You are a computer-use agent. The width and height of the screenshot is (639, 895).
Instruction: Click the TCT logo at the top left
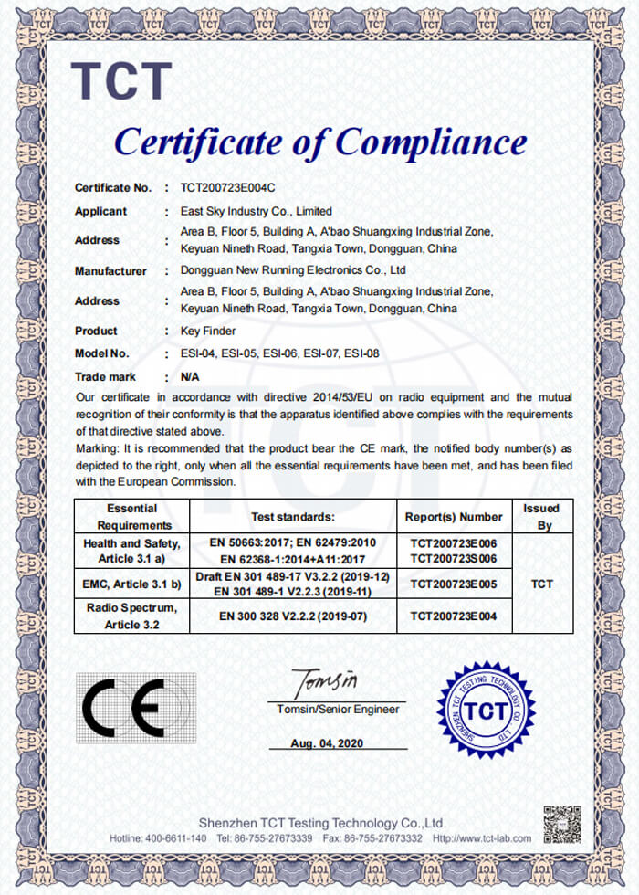tap(121, 81)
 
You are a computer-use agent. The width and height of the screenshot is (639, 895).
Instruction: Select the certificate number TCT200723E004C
tap(227, 188)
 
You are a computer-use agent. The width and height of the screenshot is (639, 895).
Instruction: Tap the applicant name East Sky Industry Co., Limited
tap(257, 211)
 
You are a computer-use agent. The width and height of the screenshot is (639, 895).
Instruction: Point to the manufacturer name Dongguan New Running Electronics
tap(293, 271)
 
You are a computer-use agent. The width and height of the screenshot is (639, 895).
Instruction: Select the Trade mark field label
tap(105, 376)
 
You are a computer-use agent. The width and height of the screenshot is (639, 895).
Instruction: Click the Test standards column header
tap(292, 516)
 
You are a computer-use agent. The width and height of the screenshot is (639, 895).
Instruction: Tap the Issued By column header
tap(541, 516)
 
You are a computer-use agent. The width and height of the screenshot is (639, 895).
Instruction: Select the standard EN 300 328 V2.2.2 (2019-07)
tap(292, 616)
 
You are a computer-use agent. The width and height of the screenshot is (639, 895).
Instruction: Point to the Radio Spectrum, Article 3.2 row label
tap(131, 616)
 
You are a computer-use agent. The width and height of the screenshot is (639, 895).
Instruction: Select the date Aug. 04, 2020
tap(327, 743)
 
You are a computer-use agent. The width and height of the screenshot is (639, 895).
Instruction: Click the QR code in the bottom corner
tap(562, 825)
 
